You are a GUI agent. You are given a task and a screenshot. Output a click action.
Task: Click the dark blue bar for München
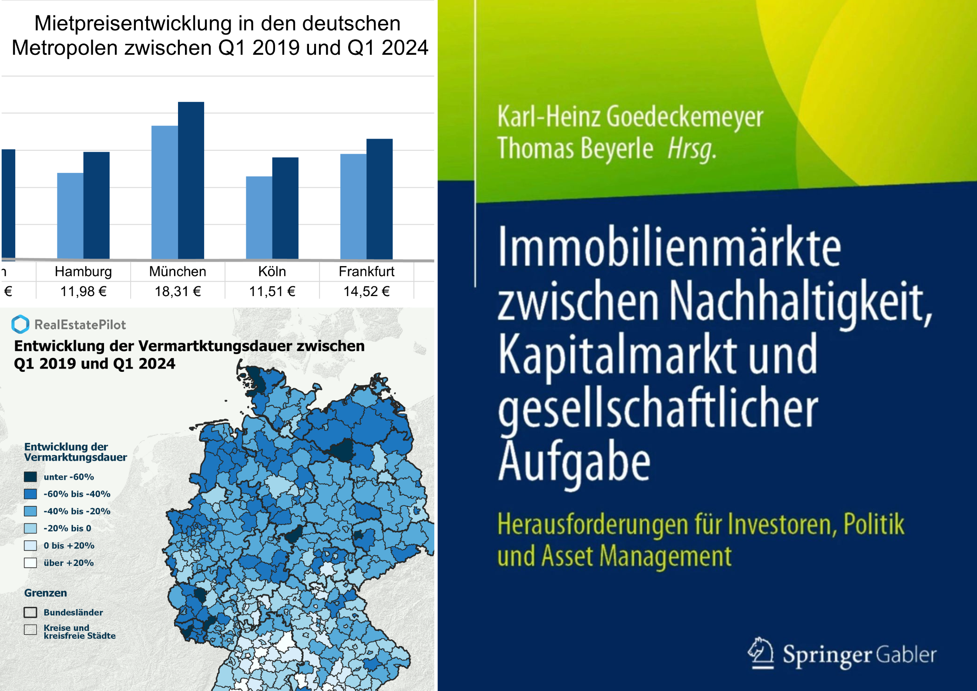[191, 180]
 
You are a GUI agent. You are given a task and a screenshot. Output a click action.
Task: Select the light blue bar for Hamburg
[70, 216]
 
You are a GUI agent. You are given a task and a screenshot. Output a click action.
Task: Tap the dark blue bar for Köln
[285, 208]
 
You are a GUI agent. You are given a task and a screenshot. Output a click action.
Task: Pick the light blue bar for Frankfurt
[353, 206]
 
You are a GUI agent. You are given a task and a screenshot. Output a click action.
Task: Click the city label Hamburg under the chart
[83, 271]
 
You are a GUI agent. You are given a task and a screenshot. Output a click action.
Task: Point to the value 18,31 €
[178, 291]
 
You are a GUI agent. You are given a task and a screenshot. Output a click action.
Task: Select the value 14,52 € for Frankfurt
[366, 291]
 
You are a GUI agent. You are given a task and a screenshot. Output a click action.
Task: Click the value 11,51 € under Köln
[272, 291]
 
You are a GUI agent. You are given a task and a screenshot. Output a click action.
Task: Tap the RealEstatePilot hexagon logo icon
[20, 324]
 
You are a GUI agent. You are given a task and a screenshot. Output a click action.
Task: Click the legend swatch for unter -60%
[30, 477]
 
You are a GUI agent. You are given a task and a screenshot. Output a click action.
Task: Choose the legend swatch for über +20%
[30, 563]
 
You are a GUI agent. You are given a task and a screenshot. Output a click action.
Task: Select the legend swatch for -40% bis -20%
[30, 511]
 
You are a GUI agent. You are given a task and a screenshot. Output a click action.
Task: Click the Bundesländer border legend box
[30, 612]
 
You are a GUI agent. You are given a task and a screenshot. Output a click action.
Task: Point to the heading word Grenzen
[46, 593]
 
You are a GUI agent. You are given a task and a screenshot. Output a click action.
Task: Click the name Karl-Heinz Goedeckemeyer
[630, 117]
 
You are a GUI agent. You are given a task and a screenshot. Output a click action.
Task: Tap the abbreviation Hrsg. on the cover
[692, 149]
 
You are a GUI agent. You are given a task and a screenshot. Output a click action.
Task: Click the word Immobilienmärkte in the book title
[669, 247]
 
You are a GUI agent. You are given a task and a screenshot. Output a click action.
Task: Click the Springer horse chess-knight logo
[761, 653]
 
